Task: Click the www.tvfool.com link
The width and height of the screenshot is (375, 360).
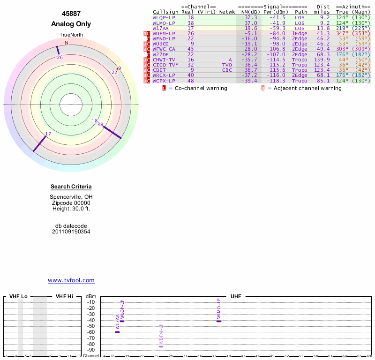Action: pyautogui.click(x=71, y=280)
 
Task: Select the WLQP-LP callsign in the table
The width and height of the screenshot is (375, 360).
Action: pyautogui.click(x=164, y=17)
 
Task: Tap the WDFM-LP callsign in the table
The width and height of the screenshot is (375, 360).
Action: pyautogui.click(x=164, y=33)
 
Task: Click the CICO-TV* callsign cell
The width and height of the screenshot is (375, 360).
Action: pyautogui.click(x=165, y=65)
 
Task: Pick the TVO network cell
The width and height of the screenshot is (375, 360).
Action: pyautogui.click(x=227, y=65)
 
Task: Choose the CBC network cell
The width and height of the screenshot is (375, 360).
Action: pyautogui.click(x=227, y=70)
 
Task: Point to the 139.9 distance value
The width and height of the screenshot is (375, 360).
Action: pyautogui.click(x=322, y=60)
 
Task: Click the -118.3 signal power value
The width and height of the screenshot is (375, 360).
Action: pyautogui.click(x=275, y=81)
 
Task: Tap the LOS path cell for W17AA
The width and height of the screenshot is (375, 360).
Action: pyautogui.click(x=300, y=28)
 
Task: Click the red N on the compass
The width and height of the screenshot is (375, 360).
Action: pyautogui.click(x=67, y=43)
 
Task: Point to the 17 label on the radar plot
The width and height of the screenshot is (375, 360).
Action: pyautogui.click(x=48, y=134)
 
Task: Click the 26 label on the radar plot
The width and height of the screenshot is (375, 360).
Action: pyautogui.click(x=60, y=58)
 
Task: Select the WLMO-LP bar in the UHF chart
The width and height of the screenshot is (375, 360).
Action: pyautogui.click(x=218, y=321)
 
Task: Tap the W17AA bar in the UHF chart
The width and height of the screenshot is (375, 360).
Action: pyautogui.click(x=117, y=332)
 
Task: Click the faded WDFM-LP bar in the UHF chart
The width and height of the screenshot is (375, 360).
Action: pyautogui.click(x=161, y=346)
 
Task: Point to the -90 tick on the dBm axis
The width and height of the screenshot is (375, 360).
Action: pyautogui.click(x=90, y=350)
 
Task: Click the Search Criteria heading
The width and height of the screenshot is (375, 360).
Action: pyautogui.click(x=71, y=187)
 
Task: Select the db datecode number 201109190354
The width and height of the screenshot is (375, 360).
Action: pyautogui.click(x=71, y=232)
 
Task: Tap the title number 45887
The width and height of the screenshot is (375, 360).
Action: pyautogui.click(x=71, y=14)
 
